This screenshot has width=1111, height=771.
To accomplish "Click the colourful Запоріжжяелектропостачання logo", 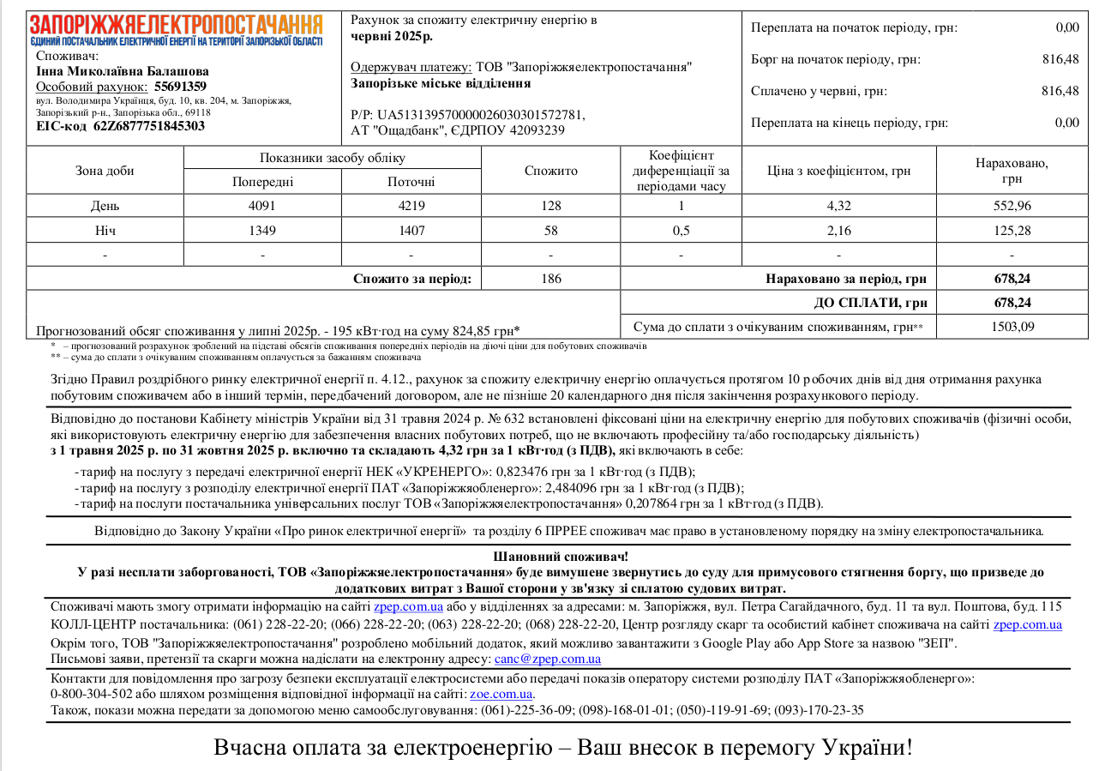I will click(177, 29).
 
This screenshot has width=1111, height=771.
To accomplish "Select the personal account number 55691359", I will click(180, 87).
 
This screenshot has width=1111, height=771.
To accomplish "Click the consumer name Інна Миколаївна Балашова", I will click(123, 71).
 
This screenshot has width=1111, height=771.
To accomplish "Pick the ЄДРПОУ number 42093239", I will click(536, 130).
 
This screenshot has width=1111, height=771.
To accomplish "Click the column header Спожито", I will click(550, 171).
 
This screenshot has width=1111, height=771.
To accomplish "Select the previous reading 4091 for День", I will click(262, 206).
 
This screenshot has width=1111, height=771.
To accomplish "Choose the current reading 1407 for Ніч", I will click(411, 231).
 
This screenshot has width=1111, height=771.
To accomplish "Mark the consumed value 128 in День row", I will click(550, 206).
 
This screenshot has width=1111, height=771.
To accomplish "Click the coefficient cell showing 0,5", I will click(681, 231).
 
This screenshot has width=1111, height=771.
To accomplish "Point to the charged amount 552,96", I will click(1012, 206).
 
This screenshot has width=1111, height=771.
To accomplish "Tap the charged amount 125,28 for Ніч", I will click(1012, 231).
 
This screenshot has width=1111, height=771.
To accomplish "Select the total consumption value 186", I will click(550, 279).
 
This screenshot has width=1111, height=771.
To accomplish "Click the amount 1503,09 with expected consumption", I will click(1012, 327).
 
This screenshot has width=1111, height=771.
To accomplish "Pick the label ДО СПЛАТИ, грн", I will click(870, 303).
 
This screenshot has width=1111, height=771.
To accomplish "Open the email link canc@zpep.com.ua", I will click(548, 660).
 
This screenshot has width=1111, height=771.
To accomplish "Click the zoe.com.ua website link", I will click(501, 694).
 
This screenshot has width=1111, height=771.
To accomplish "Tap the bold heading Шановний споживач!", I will click(561, 557).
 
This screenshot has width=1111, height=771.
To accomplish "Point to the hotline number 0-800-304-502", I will click(91, 694).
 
